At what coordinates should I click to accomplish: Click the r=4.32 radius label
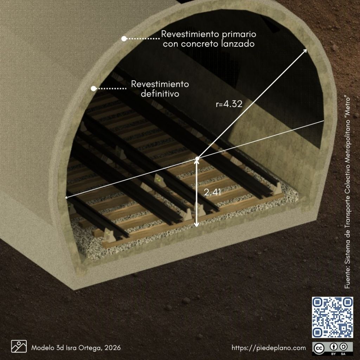point(229,104)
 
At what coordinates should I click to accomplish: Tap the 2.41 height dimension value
point(212,192)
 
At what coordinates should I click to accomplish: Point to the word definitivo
point(160,94)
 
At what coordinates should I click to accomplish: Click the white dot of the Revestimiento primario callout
point(124,39)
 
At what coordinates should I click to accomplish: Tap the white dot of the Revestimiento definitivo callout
point(94,88)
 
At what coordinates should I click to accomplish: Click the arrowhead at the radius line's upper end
point(304,51)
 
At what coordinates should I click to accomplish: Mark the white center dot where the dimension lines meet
point(197,159)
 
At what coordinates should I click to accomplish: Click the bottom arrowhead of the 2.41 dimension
point(196,225)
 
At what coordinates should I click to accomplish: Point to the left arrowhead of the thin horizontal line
point(67,197)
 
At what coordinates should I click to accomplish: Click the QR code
point(332,317)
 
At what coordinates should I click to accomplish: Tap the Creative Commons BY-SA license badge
point(332,349)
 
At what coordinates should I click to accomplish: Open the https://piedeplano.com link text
point(269,348)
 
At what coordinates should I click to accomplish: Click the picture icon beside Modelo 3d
point(19,346)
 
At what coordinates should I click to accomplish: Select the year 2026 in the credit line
point(112,348)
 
